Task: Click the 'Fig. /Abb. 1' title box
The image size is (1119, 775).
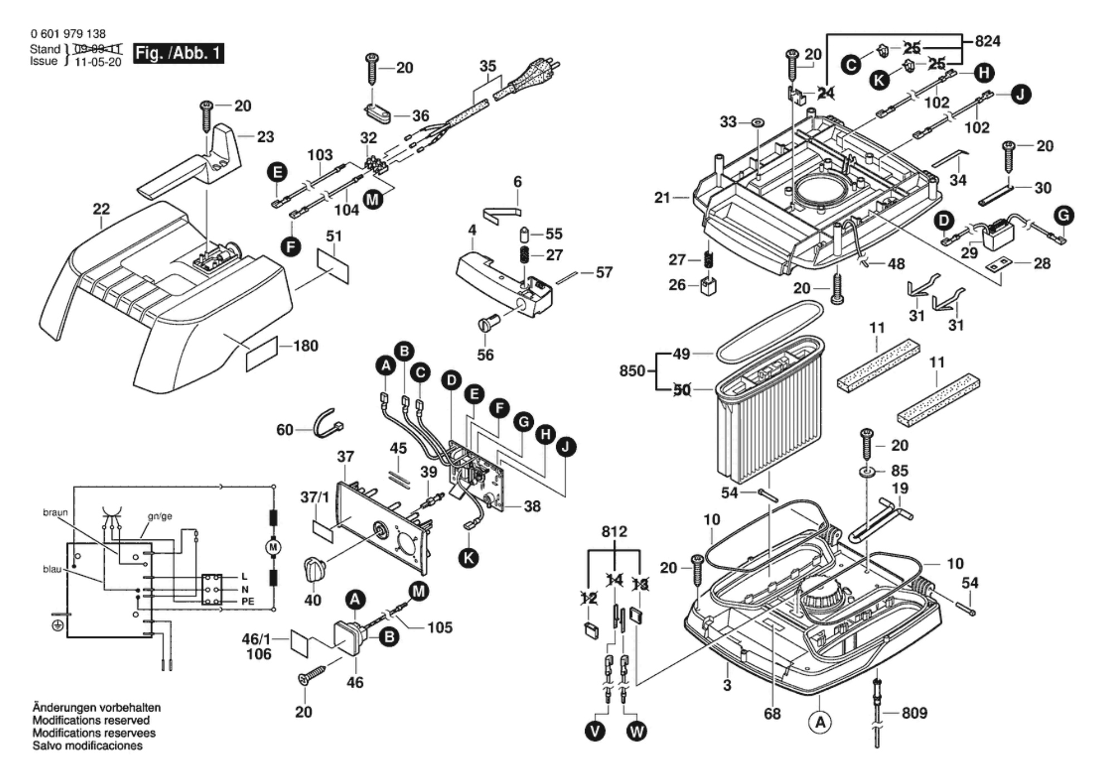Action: click(x=178, y=53)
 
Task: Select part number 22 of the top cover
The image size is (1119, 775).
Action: click(x=101, y=209)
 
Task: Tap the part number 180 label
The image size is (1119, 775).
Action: click(x=305, y=346)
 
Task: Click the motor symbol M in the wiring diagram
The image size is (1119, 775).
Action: click(x=273, y=547)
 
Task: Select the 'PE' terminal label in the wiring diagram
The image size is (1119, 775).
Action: click(x=247, y=601)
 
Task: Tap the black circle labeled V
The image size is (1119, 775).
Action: click(x=595, y=730)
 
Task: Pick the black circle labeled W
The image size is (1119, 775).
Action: click(x=637, y=730)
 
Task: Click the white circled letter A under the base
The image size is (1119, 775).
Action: click(x=820, y=723)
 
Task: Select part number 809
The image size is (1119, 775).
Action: click(x=914, y=713)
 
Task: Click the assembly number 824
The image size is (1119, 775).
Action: click(x=987, y=41)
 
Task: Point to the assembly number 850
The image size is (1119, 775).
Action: click(x=632, y=371)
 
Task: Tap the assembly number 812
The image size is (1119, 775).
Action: click(x=614, y=532)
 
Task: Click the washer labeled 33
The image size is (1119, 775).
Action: click(x=757, y=122)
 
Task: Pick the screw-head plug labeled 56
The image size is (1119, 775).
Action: click(x=488, y=323)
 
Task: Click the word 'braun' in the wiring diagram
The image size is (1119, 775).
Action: click(x=55, y=512)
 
